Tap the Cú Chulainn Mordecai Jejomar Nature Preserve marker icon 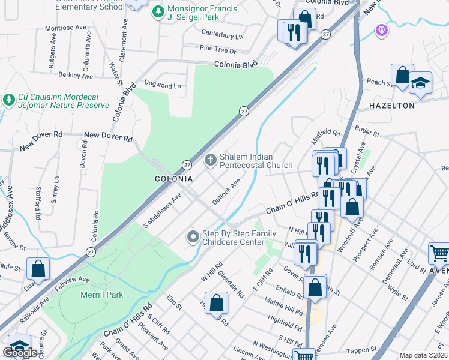pyautogui.click(x=8, y=99)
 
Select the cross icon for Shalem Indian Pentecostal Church pyautogui.click(x=210, y=160)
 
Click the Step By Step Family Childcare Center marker pyautogui.click(x=193, y=237)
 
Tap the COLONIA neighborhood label pyautogui.click(x=174, y=179)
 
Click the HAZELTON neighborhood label pyautogui.click(x=392, y=106)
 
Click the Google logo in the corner pyautogui.click(x=20, y=353)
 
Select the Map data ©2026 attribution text pyautogui.click(x=423, y=355)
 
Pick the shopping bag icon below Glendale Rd pyautogui.click(x=217, y=302)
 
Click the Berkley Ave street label pyautogui.click(x=76, y=76)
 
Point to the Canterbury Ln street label pyautogui.click(x=222, y=35)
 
